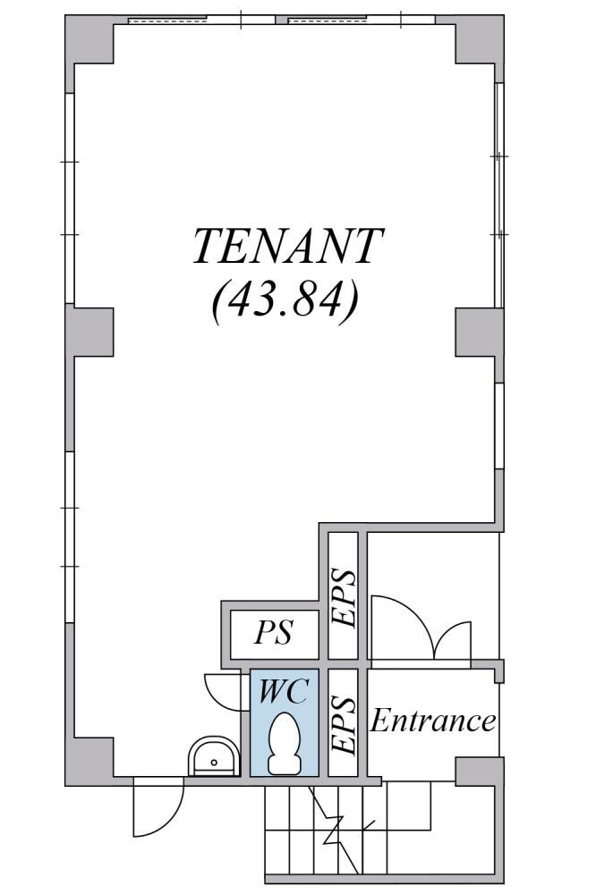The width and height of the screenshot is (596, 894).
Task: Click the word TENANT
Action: point(287,247)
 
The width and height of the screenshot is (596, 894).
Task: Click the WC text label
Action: point(284,691)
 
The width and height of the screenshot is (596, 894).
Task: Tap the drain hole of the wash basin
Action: point(214,763)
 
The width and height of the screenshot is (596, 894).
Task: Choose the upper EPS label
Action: point(344,597)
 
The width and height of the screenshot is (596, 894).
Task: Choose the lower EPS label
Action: point(344,723)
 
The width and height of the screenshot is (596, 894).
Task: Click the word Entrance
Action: point(433,721)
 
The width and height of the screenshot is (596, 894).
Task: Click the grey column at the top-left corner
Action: point(89,40)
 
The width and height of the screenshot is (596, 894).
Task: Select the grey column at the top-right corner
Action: point(479,40)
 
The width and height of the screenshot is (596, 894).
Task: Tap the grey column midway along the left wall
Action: point(89,333)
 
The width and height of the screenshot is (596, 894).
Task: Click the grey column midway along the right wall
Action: point(479,333)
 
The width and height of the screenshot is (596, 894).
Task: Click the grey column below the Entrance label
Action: point(480,772)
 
